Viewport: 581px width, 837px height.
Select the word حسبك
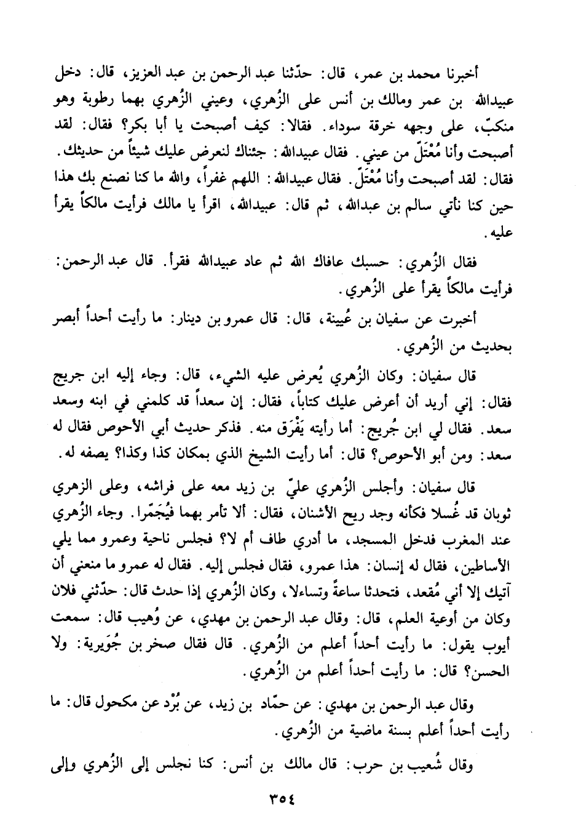pyautogui.click(x=372, y=262)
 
